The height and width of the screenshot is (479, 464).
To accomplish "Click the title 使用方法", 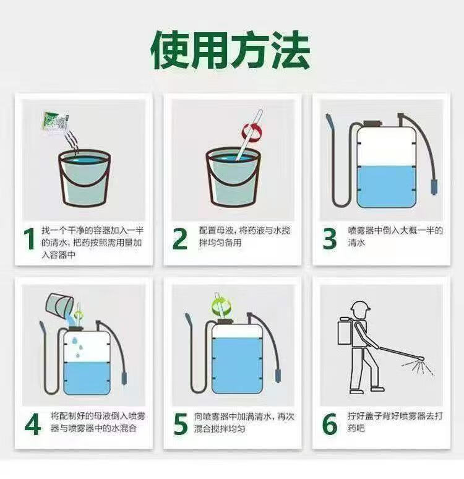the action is pyautogui.click(x=231, y=50).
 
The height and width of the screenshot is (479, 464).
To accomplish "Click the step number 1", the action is pyautogui.click(x=30, y=239).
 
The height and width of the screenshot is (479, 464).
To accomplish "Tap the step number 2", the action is pyautogui.click(x=179, y=239).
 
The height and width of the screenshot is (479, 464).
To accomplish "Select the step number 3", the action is pyautogui.click(x=330, y=239).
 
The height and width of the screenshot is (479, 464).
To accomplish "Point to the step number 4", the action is pyautogui.click(x=32, y=425).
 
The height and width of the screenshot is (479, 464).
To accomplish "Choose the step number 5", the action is pyautogui.click(x=181, y=425).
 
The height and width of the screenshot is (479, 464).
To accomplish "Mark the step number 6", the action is pyautogui.click(x=330, y=425).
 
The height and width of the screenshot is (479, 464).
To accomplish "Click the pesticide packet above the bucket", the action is pyautogui.click(x=55, y=121).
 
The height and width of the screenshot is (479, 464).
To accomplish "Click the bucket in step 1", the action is pyautogui.click(x=84, y=178).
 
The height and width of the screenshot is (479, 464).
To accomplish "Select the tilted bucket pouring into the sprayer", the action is pyautogui.click(x=59, y=304).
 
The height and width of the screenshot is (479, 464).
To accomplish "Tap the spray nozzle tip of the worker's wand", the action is pyautogui.click(x=421, y=358).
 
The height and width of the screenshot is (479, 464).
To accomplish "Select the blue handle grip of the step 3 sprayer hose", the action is pyautogui.click(x=434, y=187).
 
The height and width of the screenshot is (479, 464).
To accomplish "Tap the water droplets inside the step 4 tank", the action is pyautogui.click(x=78, y=348).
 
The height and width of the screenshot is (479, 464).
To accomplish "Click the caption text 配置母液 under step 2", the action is pyautogui.click(x=217, y=230).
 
